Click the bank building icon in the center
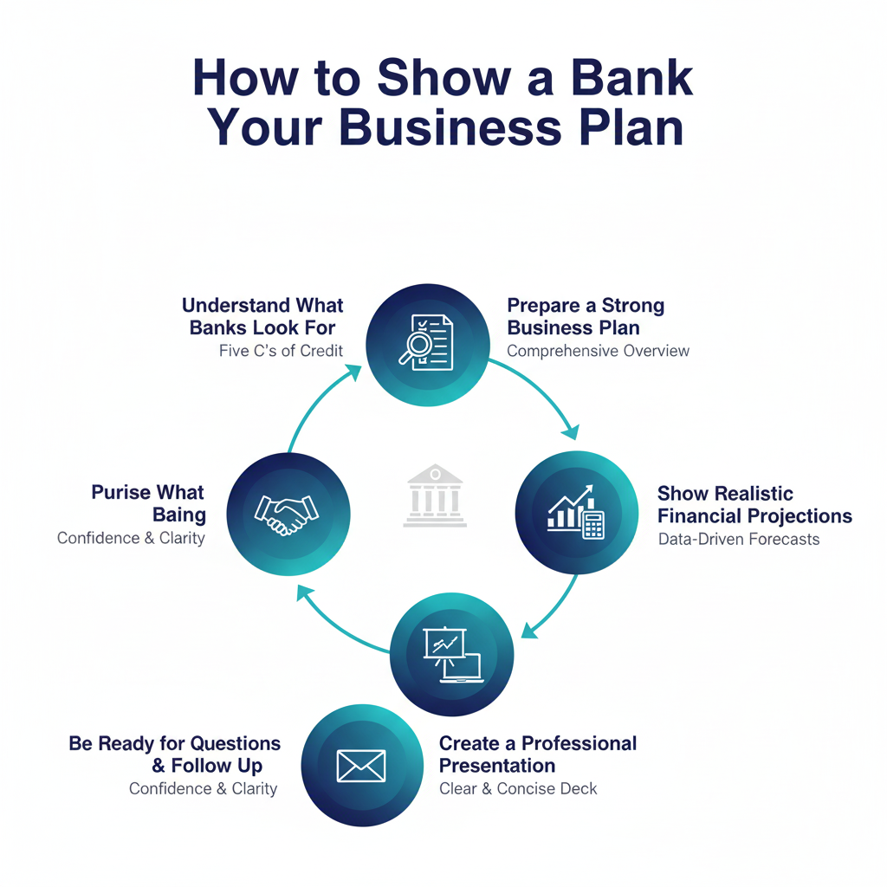point(435,495)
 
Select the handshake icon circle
point(288,514)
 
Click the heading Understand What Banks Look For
point(262,316)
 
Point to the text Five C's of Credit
point(281,351)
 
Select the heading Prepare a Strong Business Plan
point(586,316)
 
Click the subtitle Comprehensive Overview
point(598,351)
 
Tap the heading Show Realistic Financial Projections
point(754,505)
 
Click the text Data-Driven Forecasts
point(738,539)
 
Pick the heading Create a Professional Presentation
point(537,754)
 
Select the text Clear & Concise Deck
point(518,788)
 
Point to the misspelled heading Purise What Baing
point(148,503)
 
